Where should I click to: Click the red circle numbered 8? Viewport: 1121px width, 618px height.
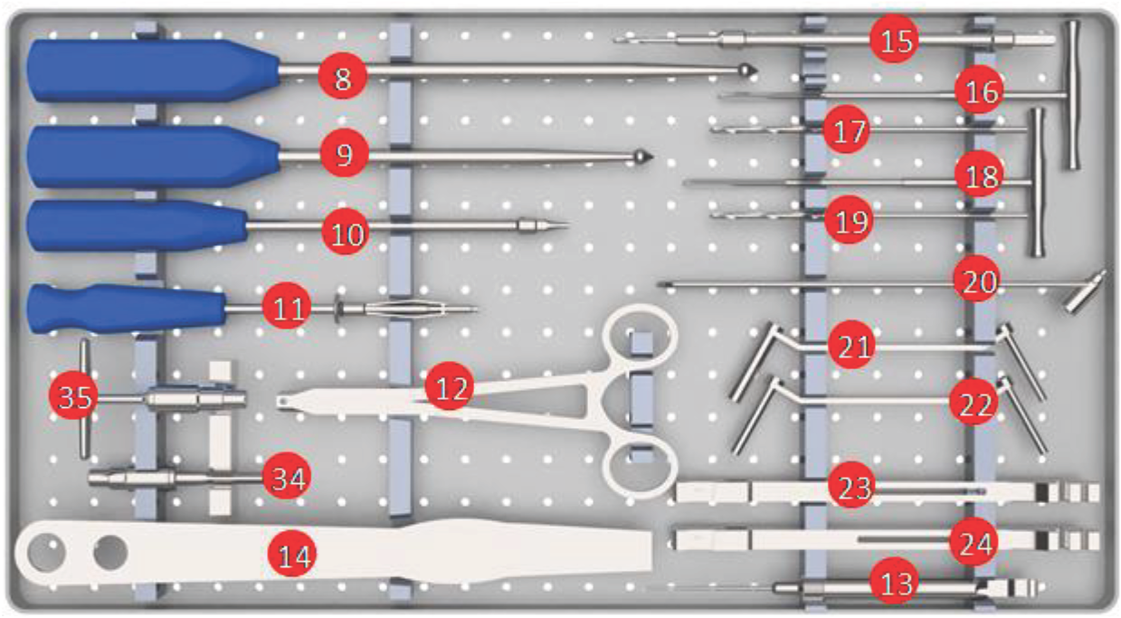pos(343,76)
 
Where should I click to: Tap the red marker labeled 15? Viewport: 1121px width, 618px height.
pos(894,39)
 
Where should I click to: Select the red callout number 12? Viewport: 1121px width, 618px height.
pos(449,385)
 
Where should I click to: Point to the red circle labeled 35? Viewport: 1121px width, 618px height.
pos(73,395)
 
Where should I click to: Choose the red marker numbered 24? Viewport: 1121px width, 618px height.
pos(974,542)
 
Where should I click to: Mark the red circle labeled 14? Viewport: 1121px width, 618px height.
pos(292,553)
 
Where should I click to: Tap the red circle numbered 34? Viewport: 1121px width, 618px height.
pos(287,476)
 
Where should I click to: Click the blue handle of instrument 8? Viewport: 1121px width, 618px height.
pos(153,71)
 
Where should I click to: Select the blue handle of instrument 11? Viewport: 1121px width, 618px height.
pos(126,308)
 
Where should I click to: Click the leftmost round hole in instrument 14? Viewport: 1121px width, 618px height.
pos(46,553)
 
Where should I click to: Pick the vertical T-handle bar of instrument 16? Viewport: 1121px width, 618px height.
pos(1072,95)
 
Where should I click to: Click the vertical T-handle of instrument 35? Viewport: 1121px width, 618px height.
pos(84,398)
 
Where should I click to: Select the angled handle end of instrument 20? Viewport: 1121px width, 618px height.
pos(1084,291)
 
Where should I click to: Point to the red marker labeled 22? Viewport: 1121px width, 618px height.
pos(974,402)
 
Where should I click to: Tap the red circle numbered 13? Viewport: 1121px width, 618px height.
pos(894,581)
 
